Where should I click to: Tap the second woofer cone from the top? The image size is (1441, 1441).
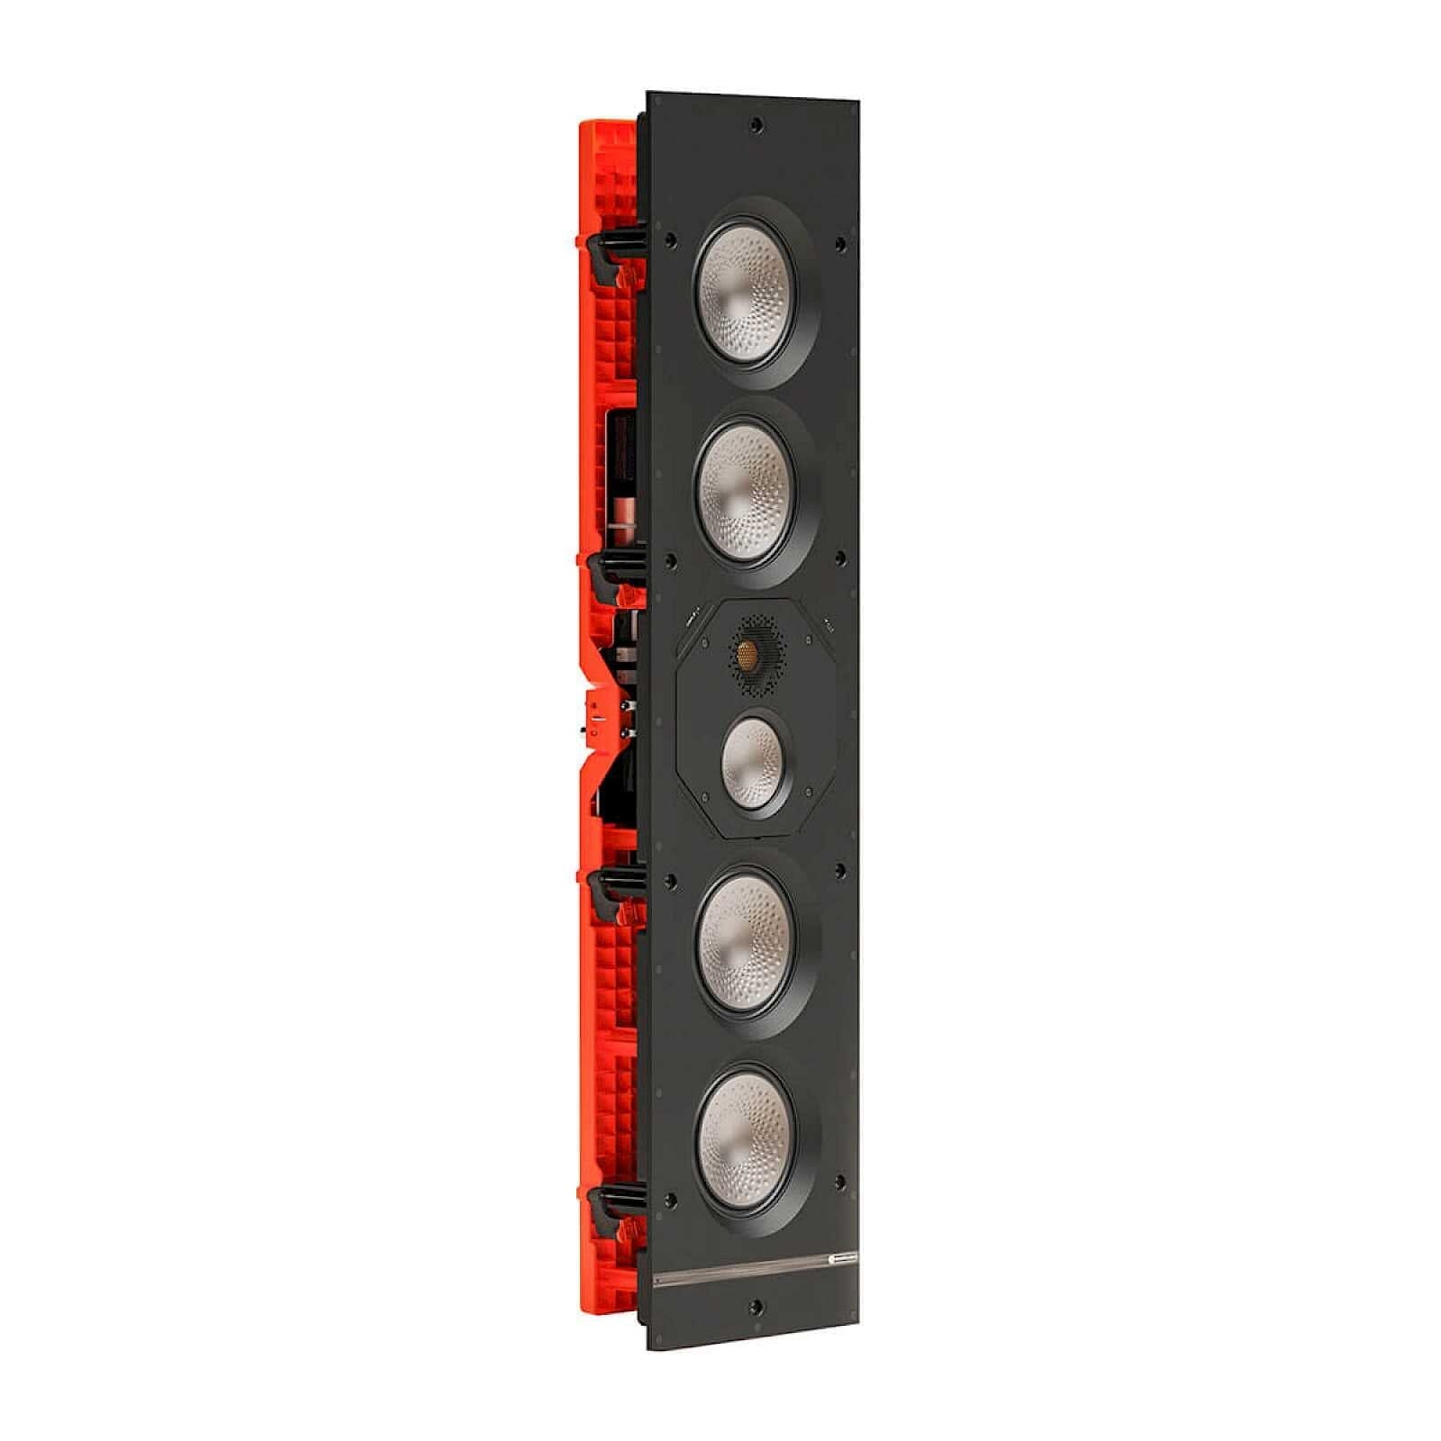[x=747, y=493]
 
